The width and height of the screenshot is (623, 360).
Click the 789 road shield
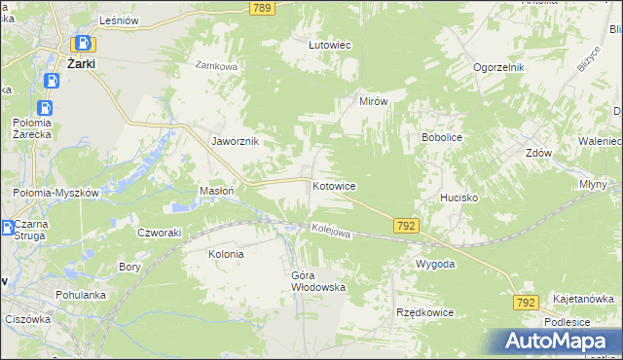click(x=261, y=8)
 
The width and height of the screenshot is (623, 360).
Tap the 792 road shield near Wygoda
click(x=407, y=226)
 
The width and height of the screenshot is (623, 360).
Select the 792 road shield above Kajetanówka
click(x=527, y=304)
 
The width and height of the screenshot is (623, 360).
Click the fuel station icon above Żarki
click(x=84, y=44)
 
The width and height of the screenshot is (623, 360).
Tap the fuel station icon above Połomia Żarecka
click(x=45, y=108)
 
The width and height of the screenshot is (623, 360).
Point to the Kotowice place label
click(x=333, y=185)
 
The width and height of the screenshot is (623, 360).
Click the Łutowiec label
click(x=329, y=45)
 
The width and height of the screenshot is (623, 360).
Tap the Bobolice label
click(x=441, y=138)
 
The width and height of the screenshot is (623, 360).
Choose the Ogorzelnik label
click(x=499, y=67)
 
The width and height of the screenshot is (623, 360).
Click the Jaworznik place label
click(x=235, y=141)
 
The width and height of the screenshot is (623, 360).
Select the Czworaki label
click(x=160, y=233)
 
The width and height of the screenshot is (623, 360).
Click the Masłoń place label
click(x=216, y=191)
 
